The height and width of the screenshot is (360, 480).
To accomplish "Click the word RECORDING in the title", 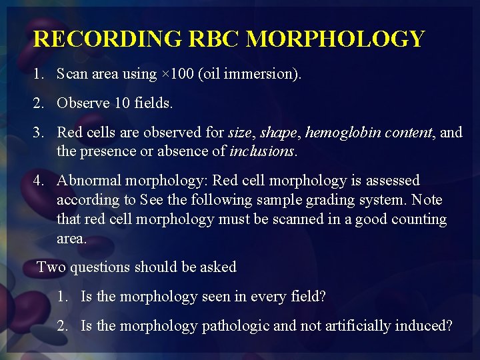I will (x=107, y=39).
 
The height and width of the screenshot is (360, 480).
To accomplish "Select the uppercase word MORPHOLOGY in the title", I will (x=335, y=39).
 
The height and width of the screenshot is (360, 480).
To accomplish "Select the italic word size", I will (x=239, y=133).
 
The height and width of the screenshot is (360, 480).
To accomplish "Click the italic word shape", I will (x=278, y=133).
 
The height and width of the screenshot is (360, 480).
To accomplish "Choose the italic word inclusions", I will (x=261, y=151).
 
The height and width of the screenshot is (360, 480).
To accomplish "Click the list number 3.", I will (x=38, y=133).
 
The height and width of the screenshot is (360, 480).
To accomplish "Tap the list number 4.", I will (x=38, y=181).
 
